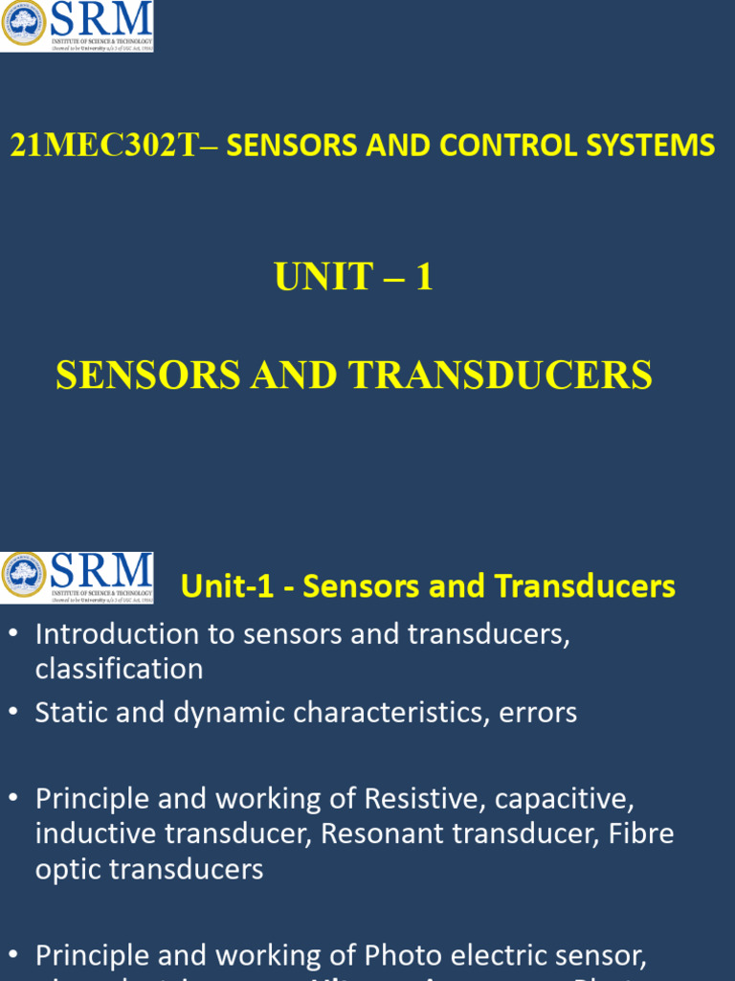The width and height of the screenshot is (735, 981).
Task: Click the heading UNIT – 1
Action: coord(353,277)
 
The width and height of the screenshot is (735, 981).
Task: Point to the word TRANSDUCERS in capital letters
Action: coord(501,376)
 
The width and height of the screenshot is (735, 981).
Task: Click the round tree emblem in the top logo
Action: coord(23,24)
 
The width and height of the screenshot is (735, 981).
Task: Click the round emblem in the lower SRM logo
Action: coord(23,575)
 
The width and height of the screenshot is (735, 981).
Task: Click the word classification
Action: coord(119,669)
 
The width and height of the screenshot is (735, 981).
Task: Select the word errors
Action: coord(538,713)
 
